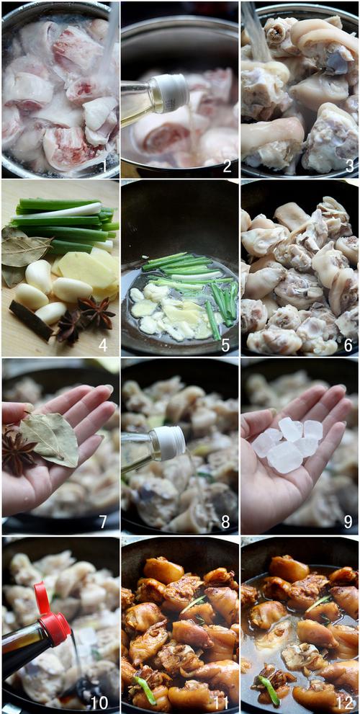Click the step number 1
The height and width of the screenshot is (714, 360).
click(104, 166)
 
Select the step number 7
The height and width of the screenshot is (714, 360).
click(103, 522)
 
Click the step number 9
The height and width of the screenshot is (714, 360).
click(348, 522)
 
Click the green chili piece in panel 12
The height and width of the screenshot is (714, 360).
click(269, 690)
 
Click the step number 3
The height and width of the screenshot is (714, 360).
click(349, 166)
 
